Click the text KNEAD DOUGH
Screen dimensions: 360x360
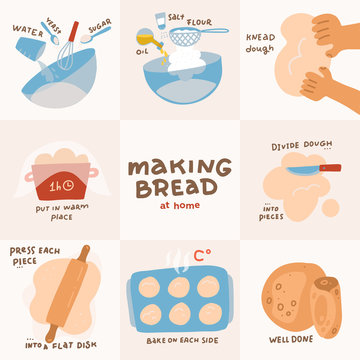[x=260, y=42]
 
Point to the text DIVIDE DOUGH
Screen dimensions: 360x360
[x=297, y=145]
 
